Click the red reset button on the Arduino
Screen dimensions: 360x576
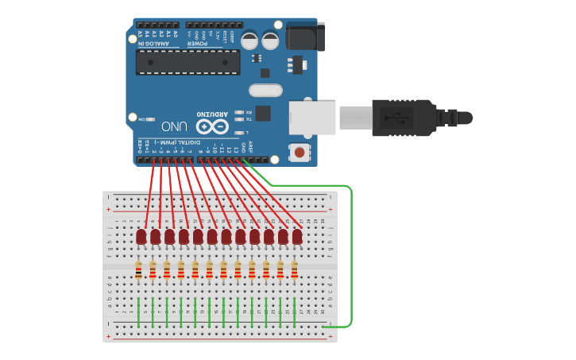(x=300, y=152)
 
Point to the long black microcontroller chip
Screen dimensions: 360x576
(x=187, y=62)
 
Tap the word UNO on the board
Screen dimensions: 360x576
(x=175, y=126)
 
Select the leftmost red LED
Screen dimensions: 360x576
(x=141, y=237)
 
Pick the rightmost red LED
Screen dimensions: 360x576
(x=297, y=237)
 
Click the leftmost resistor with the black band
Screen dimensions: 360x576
(x=138, y=270)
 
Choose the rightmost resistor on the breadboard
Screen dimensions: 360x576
(x=294, y=270)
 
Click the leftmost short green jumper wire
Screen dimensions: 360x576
(x=139, y=312)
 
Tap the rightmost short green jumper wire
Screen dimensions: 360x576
(x=295, y=312)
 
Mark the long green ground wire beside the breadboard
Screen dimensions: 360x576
(x=350, y=254)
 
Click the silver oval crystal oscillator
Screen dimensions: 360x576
(x=265, y=91)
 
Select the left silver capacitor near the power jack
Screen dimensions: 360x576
(x=249, y=40)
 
